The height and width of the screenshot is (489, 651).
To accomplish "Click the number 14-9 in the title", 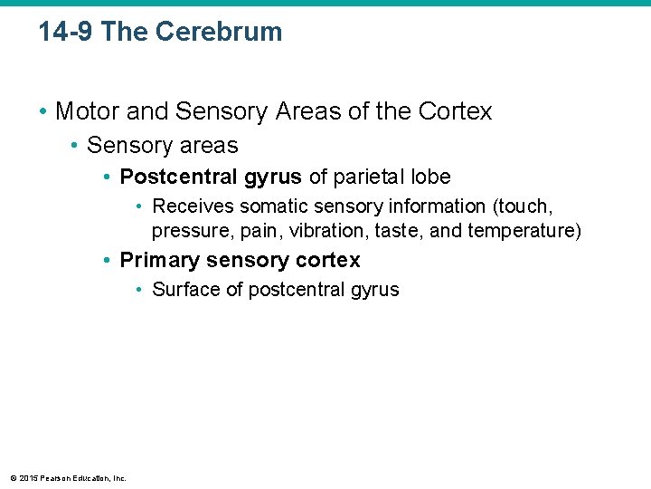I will pyautogui.click(x=66, y=32).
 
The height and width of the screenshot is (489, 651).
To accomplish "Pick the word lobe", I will pyautogui.click(x=430, y=176).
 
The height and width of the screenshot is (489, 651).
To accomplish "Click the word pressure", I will pyautogui.click(x=186, y=230).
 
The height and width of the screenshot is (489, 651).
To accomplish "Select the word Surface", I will pyautogui.click(x=184, y=290).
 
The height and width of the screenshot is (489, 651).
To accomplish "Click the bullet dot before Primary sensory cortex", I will pyautogui.click(x=107, y=261).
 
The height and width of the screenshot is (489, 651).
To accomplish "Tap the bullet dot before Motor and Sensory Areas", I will pyautogui.click(x=42, y=112).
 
